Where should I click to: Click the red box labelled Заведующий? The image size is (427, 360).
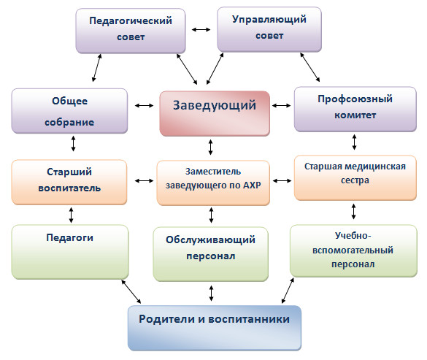point(215,113)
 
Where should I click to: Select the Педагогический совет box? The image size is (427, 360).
point(131,31)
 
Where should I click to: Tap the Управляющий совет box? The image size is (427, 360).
point(269,29)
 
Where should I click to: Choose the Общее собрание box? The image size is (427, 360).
point(69,111)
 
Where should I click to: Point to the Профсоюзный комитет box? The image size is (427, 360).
point(355,109)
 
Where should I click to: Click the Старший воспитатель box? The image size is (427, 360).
point(69,182)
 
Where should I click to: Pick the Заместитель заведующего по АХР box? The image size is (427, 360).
point(213,183)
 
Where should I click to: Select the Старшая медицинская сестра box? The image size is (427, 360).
point(355,178)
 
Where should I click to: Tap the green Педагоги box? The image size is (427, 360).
point(70,252)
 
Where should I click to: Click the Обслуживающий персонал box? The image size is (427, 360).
point(210,254)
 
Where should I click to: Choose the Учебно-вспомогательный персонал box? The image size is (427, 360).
point(353,250)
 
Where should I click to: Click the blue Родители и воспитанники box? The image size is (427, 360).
point(215,328)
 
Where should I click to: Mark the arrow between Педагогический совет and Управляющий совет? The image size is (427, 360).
point(201,29)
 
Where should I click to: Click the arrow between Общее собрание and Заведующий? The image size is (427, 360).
point(144,105)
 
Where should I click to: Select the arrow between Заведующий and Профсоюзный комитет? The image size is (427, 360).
point(281,105)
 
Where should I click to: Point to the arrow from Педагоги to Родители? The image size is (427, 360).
point(131,291)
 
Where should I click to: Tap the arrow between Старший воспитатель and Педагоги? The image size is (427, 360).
point(71,215)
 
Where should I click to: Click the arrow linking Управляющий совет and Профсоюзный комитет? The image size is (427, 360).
point(310,67)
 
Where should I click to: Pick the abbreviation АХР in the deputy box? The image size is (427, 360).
point(252,185)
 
